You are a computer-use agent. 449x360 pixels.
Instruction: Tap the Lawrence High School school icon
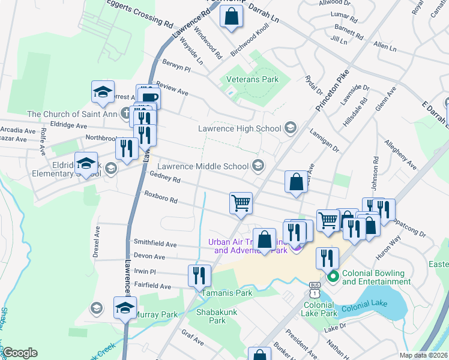[291, 127]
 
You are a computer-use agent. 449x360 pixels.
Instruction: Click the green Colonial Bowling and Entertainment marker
[333, 277]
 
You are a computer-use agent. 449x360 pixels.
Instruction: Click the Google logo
[20, 352]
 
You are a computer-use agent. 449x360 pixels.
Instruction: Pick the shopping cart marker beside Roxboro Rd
[241, 203]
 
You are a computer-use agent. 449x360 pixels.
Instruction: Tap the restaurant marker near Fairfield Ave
[199, 275]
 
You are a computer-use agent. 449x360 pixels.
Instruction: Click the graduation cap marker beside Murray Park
[125, 309]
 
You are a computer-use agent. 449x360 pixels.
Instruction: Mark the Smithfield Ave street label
[155, 244]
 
